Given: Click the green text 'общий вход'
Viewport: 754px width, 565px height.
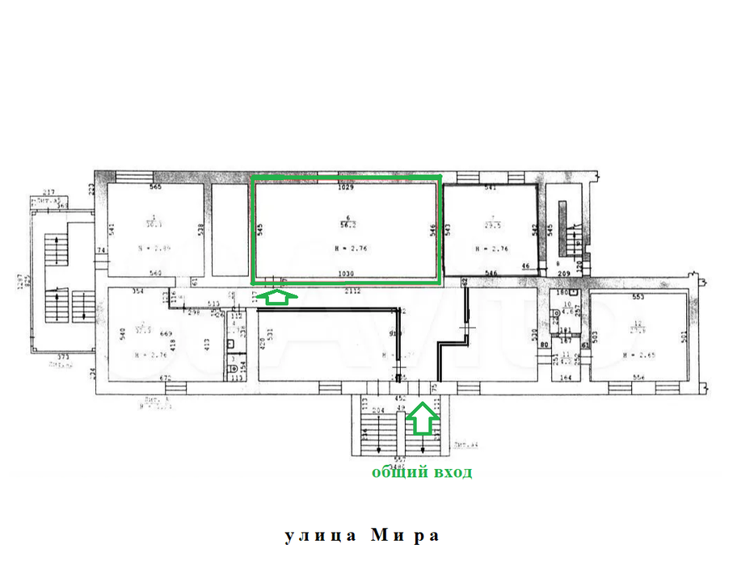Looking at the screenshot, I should tap(421, 473).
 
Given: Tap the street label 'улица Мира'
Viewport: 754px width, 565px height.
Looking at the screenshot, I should tap(363, 536).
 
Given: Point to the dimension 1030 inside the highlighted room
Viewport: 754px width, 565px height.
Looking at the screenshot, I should tap(348, 274).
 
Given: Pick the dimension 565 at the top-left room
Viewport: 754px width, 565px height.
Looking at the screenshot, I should tap(156, 188).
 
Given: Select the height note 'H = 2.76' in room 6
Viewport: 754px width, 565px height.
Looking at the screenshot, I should tap(348, 249).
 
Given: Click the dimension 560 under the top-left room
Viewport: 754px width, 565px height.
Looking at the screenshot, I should tap(155, 274).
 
